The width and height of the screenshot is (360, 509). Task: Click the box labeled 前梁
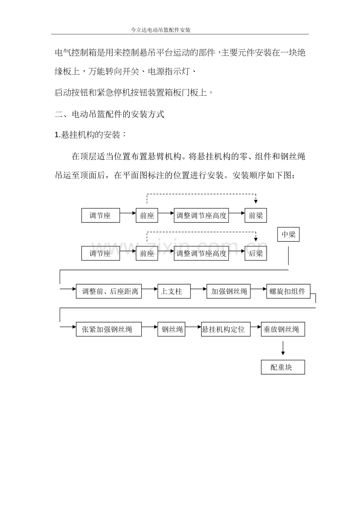tap(256, 215)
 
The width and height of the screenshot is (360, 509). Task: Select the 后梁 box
tap(256, 253)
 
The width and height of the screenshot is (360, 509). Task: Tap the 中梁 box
tap(288, 235)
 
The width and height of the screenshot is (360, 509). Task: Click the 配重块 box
tap(283, 367)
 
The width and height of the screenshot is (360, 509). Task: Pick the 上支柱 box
tap(174, 291)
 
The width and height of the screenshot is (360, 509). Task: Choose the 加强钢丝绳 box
tap(229, 291)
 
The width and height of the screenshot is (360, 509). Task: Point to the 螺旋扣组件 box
tap(288, 291)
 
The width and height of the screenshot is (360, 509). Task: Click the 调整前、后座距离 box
tap(109, 291)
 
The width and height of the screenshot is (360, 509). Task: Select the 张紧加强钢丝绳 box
tap(109, 329)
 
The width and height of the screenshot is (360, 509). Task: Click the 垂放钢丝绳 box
tap(283, 329)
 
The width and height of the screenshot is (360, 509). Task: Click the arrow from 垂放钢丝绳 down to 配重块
tap(283, 348)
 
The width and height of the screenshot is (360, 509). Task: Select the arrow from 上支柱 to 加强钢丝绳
tap(199, 289)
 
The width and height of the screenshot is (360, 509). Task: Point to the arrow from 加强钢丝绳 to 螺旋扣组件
tap(259, 289)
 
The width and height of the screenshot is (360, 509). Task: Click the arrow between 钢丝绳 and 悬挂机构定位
tap(193, 327)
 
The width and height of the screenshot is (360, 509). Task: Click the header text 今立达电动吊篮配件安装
tap(160, 30)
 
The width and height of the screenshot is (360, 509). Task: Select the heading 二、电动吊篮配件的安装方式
tap(110, 114)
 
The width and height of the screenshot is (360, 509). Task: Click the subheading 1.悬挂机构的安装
tap(91, 135)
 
